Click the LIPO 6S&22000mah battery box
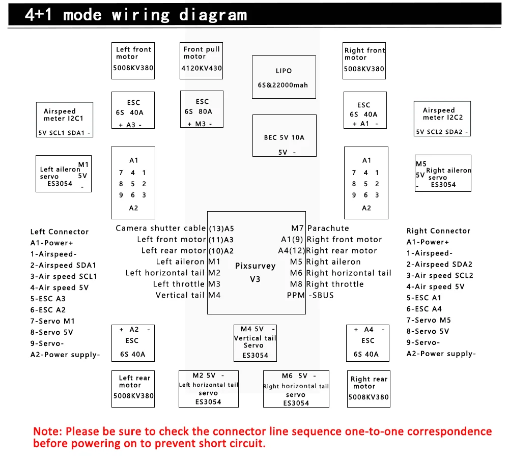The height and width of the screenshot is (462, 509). click(284, 77)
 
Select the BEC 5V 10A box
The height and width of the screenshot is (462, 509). click(284, 135)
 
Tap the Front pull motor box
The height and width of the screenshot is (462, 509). click(202, 61)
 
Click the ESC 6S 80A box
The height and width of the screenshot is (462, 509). click(202, 109)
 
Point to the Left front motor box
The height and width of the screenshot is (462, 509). click(133, 61)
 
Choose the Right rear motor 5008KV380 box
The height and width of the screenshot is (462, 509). click(369, 389)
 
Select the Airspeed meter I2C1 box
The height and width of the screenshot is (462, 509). click(64, 120)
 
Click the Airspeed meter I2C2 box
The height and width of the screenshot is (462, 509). click(442, 119)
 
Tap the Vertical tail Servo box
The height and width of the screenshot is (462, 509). click(255, 342)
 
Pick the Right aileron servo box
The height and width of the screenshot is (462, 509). click(443, 173)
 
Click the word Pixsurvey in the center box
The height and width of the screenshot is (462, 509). click(255, 266)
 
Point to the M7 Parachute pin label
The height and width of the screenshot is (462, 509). click(320, 228)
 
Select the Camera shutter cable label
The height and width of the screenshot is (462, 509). click(160, 228)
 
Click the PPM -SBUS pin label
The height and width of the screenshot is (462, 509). click(310, 295)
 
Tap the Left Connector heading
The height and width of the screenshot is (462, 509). click(59, 232)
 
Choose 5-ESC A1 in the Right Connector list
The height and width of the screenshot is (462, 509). click(423, 298)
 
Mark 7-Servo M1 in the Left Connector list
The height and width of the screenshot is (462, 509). click(52, 321)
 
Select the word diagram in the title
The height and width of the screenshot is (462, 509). click(213, 15)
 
